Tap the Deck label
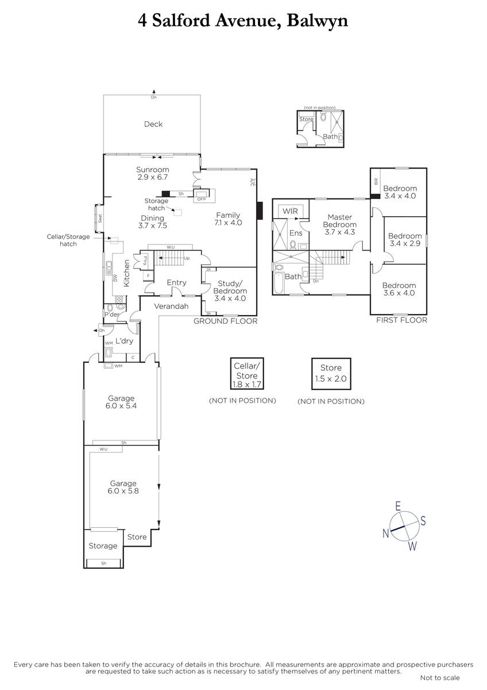tap(153, 124)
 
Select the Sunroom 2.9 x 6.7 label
tap(153, 173)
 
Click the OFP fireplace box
tap(202, 195)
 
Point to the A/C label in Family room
tap(252, 182)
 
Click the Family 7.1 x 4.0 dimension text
tap(228, 219)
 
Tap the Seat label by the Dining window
tap(100, 218)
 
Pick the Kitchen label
tap(126, 273)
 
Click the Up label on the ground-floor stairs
tap(187, 258)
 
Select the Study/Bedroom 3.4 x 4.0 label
tap(230, 291)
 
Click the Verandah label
tap(171, 306)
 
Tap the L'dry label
tap(124, 341)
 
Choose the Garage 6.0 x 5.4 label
tap(121, 402)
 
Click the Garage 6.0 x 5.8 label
tap(123, 487)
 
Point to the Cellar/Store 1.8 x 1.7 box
tap(247, 374)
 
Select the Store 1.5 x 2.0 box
tap(331, 374)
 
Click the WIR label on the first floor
tap(290, 212)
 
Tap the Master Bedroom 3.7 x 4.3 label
tap(339, 225)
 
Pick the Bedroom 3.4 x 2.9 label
tap(405, 240)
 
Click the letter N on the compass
tap(386, 533)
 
